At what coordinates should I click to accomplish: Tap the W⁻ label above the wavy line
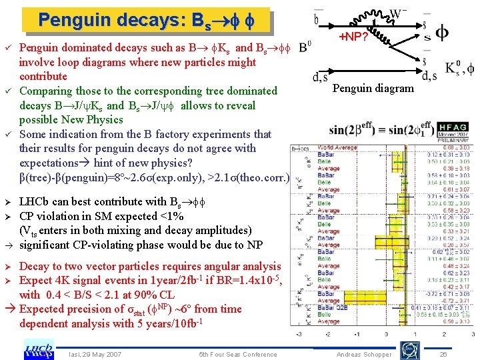click(397, 13)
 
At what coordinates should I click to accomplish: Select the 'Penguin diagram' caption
click(373, 88)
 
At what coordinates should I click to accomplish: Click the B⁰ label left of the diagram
click(304, 49)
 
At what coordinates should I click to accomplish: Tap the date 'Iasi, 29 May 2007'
click(95, 354)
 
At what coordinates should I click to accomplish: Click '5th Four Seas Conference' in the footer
click(238, 354)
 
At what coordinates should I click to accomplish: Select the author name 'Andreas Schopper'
click(364, 355)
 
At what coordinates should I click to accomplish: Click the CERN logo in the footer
click(407, 349)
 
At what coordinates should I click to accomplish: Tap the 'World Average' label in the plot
click(335, 147)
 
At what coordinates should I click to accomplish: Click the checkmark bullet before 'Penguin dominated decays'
click(8, 49)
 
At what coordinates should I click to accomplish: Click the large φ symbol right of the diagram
click(441, 33)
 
